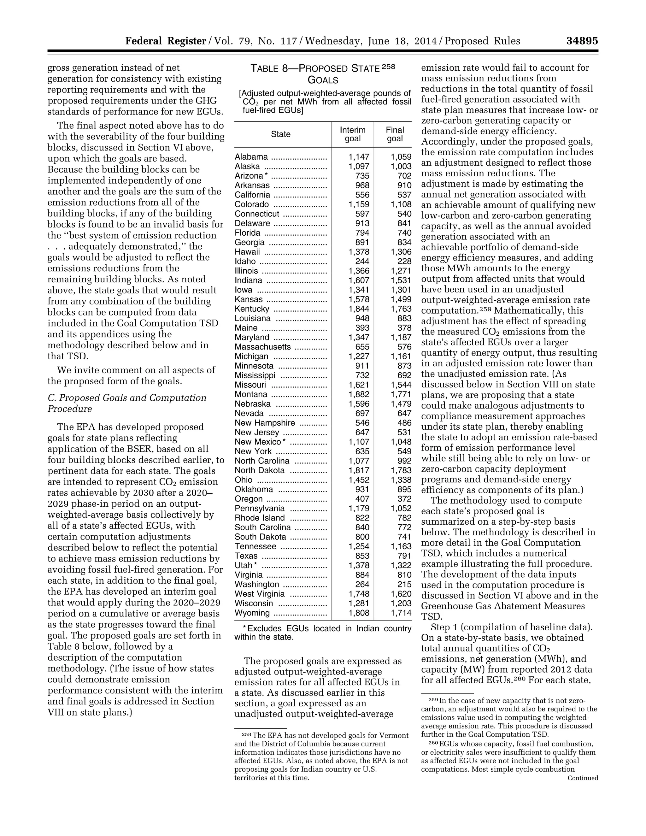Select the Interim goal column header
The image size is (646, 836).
point(352,134)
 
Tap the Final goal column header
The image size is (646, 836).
point(395,134)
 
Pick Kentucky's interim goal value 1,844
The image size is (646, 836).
point(359,309)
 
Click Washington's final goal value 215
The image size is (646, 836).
point(404,585)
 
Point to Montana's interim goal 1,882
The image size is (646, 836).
point(359,395)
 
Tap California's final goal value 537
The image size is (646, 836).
point(404,195)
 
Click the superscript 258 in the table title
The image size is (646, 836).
point(388,67)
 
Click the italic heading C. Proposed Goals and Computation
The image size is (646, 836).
point(127,398)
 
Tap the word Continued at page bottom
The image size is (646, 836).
point(583,778)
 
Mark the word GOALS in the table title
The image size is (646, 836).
point(323,80)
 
